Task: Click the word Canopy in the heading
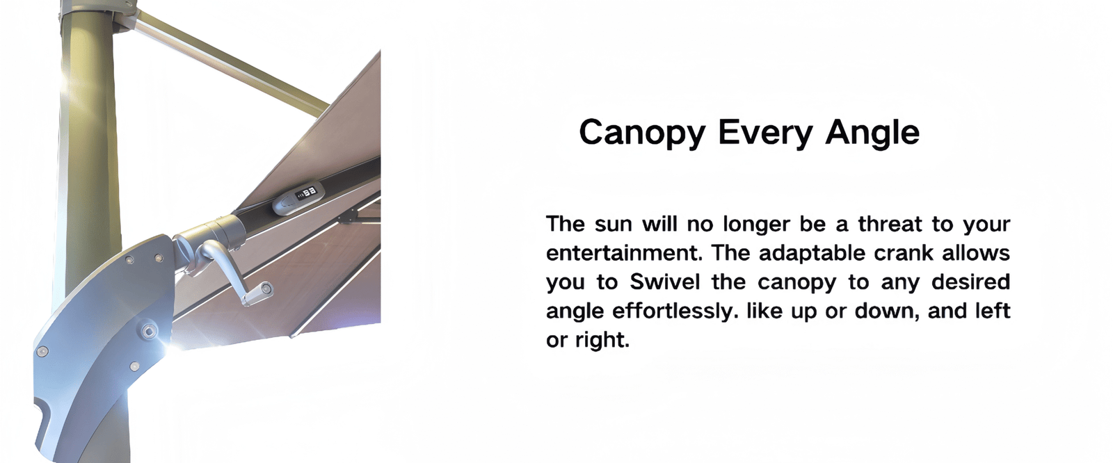(642, 133)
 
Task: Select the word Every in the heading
(765, 133)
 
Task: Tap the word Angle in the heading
(872, 133)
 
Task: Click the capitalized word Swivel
(665, 282)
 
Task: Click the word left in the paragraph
(993, 311)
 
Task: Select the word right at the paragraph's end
(602, 340)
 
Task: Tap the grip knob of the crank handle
(257, 293)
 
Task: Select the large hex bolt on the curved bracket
(149, 330)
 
